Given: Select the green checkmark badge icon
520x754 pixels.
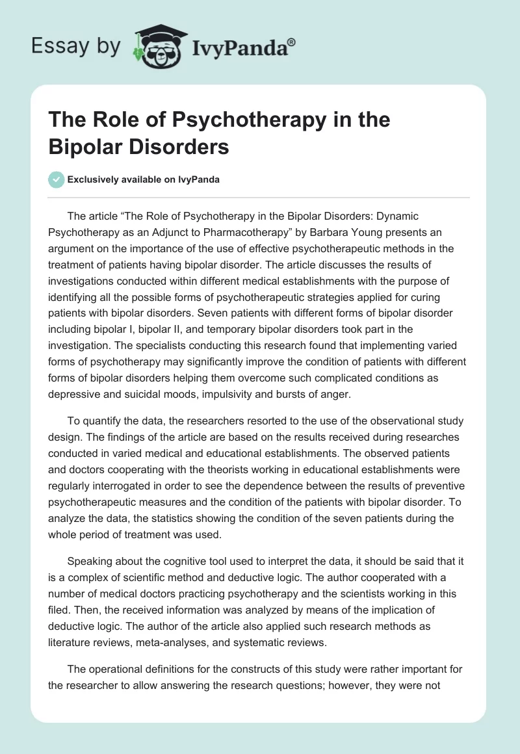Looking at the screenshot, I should point(56,179).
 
